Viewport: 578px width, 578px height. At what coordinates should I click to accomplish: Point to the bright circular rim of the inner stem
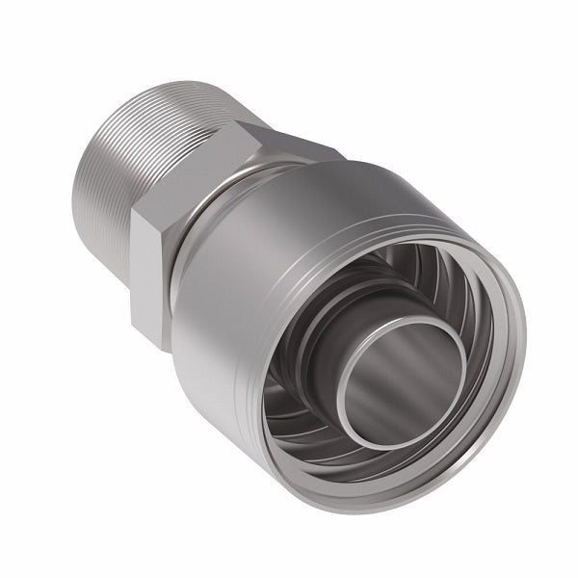(x=356, y=424)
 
